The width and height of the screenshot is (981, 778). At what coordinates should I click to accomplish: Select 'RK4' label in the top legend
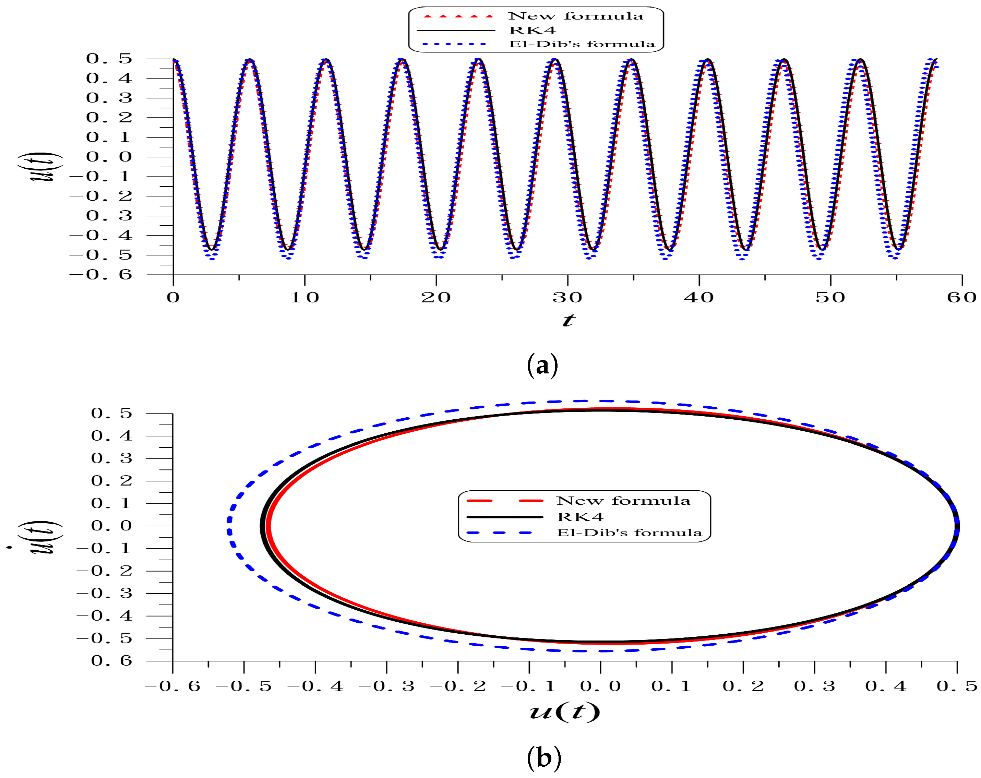pos(532,31)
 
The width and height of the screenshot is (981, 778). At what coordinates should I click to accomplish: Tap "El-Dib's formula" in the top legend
pos(582,44)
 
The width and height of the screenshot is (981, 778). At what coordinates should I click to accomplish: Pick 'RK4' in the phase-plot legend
pos(580,517)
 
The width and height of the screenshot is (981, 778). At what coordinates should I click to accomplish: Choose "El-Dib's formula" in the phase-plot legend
pos(629,533)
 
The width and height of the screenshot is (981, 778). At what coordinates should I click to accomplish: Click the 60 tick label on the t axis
pos(961,298)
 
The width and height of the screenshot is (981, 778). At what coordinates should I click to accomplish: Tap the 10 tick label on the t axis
pos(304,298)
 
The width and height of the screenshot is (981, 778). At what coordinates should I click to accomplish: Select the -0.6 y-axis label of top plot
pos(101,274)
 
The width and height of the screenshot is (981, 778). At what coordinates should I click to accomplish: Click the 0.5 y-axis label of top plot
pos(109,59)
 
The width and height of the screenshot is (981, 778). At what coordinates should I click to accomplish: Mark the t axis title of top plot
pos(568,320)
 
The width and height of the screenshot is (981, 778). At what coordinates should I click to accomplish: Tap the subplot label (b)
pos(544,758)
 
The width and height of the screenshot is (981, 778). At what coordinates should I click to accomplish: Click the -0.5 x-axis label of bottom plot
pos(244,686)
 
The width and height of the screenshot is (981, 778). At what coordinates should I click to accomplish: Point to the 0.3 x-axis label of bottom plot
pos(814,686)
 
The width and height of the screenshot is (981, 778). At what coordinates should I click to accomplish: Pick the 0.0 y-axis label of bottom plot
pos(111,526)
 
